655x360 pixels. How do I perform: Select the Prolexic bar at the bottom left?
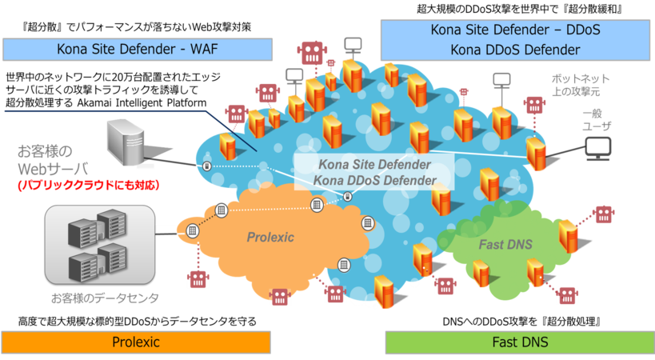click(x=136, y=342)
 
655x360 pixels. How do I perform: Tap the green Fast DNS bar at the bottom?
click(x=519, y=342)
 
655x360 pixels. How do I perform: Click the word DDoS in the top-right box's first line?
click(x=581, y=30)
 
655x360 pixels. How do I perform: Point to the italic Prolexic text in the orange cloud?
click(x=270, y=238)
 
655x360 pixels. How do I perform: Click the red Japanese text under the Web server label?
click(x=89, y=186)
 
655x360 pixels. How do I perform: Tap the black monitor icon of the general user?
click(x=597, y=147)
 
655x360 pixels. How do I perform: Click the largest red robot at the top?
click(x=310, y=53)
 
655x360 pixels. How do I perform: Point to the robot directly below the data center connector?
click(x=198, y=278)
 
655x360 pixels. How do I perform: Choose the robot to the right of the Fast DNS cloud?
click(x=603, y=214)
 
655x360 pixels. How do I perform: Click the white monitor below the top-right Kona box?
click(x=501, y=79)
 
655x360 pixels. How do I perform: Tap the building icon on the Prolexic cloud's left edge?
click(x=192, y=230)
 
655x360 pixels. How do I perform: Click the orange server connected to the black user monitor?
click(x=537, y=152)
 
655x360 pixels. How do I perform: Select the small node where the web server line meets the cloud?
click(x=207, y=166)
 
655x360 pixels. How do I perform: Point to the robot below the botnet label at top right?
click(x=533, y=105)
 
